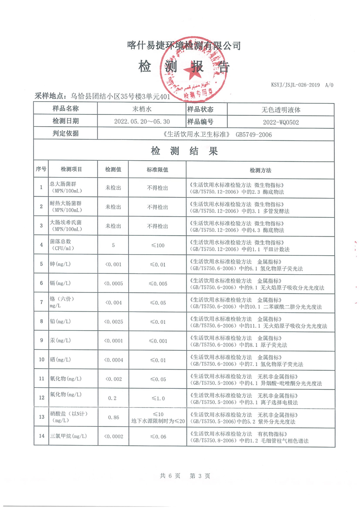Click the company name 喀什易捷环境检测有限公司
pos(183,45)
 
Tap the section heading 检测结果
pos(184,151)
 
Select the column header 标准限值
pos(157,170)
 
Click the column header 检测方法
pos(260,170)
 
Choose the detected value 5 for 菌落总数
pos(113,245)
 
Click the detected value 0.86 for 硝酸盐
pos(113,417)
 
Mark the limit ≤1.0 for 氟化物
pos(157,398)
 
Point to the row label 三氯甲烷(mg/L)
pos(68,436)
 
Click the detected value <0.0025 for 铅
pos(113,322)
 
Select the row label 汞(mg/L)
pos(60,341)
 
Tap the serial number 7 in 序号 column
pos(41,302)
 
